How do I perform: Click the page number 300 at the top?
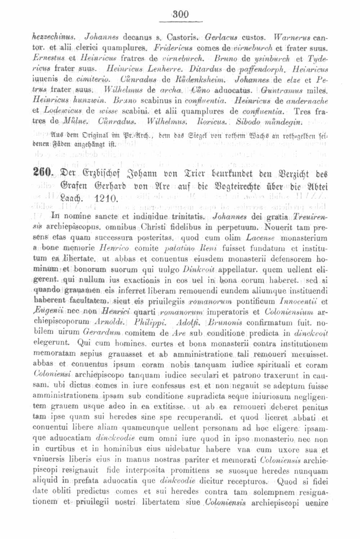(x=180, y=15)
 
